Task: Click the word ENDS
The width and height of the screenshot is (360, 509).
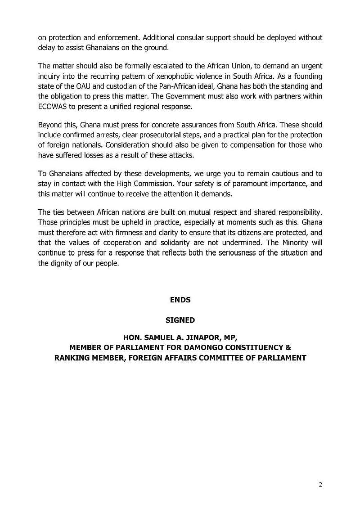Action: pos(180,300)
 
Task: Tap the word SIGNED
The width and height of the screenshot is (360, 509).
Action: pos(180,320)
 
